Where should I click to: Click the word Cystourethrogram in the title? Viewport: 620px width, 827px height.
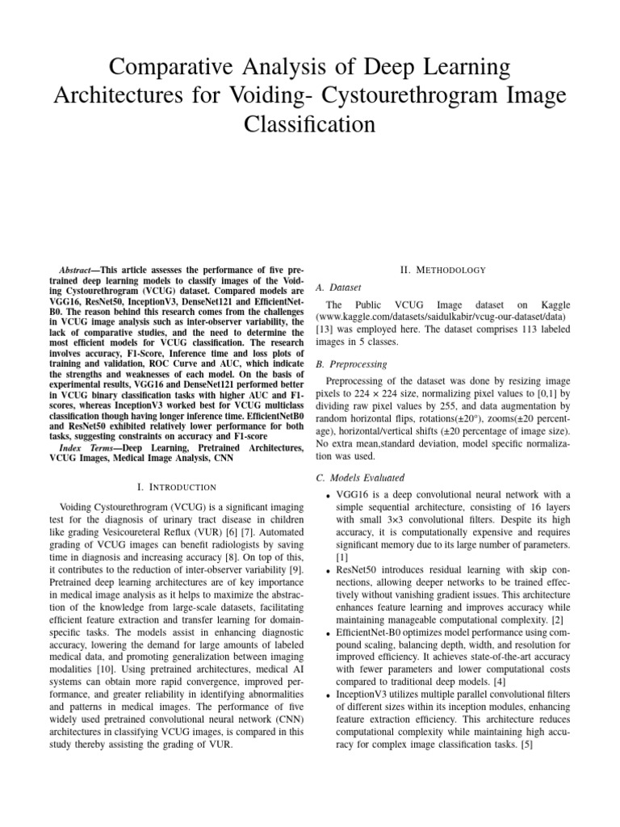(428, 95)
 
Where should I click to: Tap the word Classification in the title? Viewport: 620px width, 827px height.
(310, 125)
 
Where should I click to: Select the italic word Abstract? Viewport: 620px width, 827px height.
(80, 269)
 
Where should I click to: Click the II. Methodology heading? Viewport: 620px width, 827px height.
(440, 269)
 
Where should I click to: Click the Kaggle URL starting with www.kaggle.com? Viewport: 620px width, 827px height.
(446, 317)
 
